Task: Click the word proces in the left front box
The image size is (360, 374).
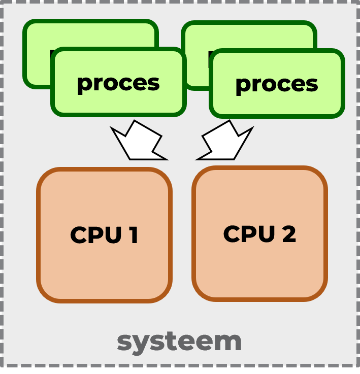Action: [x=118, y=83]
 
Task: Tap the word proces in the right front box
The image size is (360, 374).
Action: [x=277, y=84]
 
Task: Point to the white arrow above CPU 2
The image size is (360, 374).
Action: [x=225, y=141]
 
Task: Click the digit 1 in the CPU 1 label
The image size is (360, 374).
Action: [x=133, y=235]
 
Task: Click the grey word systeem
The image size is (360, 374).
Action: [x=179, y=341]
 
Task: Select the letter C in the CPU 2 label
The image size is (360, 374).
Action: [x=232, y=234]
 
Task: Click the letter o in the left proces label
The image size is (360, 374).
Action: [x=110, y=83]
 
